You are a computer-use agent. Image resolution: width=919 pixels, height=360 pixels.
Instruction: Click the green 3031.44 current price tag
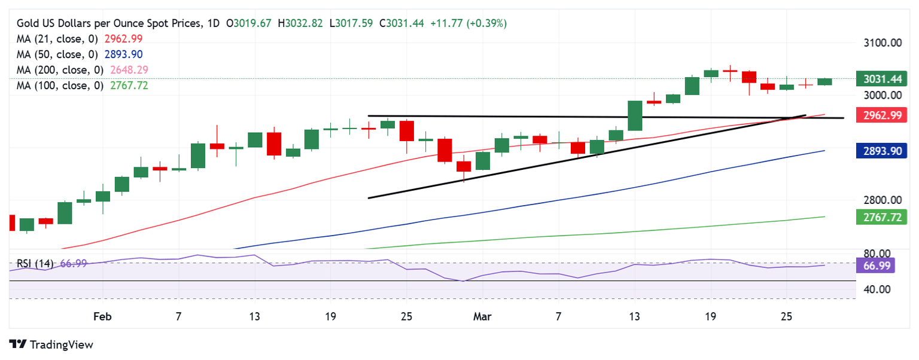[x=879, y=79]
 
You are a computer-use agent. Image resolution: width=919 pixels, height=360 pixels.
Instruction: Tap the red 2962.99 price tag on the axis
[x=879, y=115]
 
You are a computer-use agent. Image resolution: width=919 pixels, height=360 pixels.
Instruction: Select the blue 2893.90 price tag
[x=879, y=151]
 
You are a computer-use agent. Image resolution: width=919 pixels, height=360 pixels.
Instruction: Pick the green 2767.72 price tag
[x=879, y=217]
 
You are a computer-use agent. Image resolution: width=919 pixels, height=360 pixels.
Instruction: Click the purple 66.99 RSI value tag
[x=876, y=265]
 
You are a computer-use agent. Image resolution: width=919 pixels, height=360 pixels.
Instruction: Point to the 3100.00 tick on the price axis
[x=883, y=43]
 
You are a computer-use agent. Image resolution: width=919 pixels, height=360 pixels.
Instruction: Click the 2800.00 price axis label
[x=883, y=200]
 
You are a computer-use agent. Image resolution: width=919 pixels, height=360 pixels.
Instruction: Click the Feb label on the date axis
[x=103, y=316]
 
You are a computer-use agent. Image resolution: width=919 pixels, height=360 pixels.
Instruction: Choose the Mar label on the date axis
[x=482, y=316]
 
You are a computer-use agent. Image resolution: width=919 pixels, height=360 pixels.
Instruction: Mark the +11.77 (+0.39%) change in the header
[x=468, y=23]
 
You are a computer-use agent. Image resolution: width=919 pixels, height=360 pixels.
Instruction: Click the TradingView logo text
[x=60, y=344]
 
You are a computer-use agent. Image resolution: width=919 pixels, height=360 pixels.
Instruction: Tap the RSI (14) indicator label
[x=35, y=264]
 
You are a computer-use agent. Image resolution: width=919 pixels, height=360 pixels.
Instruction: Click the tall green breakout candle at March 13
[x=635, y=115]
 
